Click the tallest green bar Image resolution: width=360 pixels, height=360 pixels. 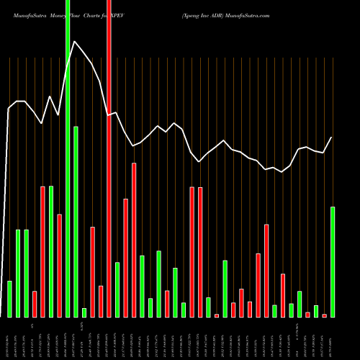68,158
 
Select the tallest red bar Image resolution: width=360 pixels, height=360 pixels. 109,158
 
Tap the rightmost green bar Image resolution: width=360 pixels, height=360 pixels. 333,262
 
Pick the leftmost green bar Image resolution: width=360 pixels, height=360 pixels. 9,299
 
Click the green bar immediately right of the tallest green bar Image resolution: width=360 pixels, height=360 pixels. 76,222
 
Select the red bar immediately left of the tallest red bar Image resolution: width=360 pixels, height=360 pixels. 101,301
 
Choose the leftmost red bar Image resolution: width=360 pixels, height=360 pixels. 35,304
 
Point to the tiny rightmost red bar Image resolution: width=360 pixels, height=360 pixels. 325,315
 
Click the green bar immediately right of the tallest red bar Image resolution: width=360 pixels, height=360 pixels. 117,289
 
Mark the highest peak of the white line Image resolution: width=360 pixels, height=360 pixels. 74,41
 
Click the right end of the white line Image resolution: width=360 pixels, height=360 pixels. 332,137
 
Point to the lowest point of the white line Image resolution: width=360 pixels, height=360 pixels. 282,172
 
